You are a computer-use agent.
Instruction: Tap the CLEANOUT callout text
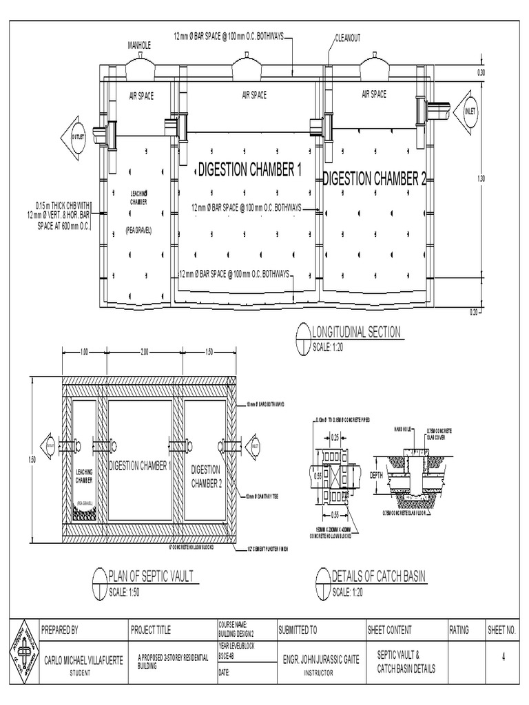348,38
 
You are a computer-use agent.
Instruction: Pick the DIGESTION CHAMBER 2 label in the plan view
206,476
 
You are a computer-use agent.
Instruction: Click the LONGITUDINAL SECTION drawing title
356,332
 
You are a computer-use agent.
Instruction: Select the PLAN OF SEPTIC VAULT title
151,576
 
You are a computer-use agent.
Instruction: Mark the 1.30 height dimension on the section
481,178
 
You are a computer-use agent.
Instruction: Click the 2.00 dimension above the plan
145,352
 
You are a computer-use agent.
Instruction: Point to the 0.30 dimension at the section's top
481,72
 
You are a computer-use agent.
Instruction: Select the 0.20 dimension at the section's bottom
473,312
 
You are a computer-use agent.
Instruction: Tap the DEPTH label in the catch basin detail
376,475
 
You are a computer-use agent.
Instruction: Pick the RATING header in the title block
459,630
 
